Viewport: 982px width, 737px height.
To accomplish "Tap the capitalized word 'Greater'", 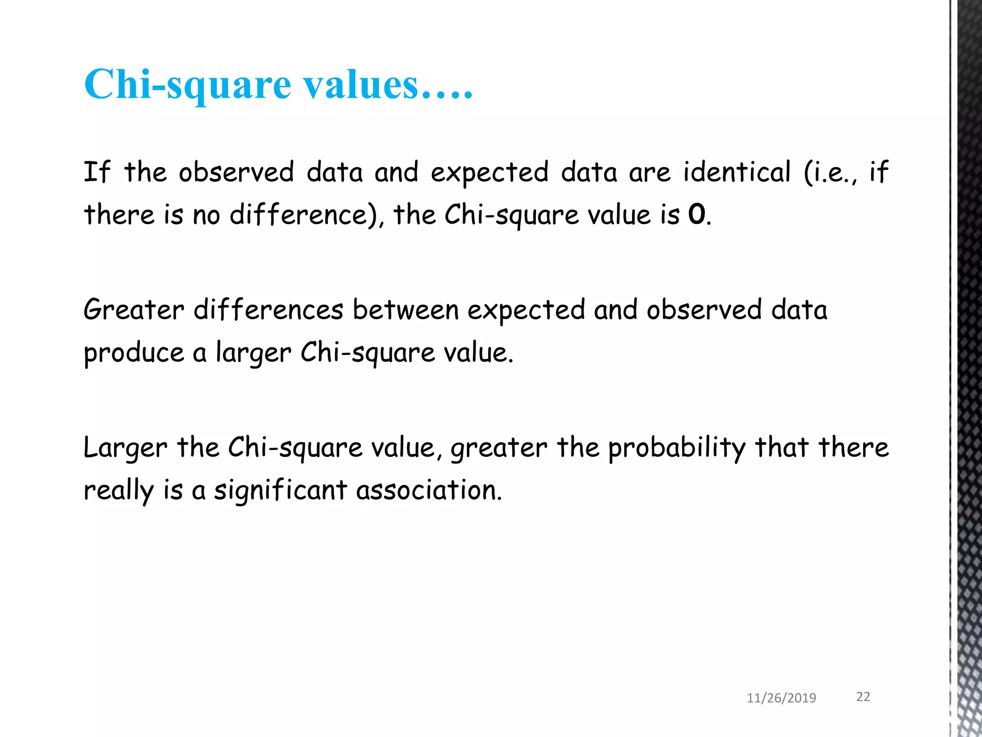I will pyautogui.click(x=134, y=309).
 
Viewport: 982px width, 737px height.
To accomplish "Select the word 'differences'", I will pyautogui.click(x=269, y=309).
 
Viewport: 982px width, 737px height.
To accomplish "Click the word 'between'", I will pyautogui.click(x=406, y=310).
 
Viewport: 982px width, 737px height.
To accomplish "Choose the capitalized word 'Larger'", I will pyautogui.click(x=126, y=448).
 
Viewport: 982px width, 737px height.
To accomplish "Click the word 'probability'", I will pyautogui.click(x=677, y=448).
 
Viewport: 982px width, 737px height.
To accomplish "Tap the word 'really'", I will pyautogui.click(x=118, y=491).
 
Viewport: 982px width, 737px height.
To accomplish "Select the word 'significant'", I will pyautogui.click(x=281, y=490).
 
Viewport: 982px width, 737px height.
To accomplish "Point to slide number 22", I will pyautogui.click(x=863, y=697).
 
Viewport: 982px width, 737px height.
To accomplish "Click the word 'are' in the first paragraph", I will pyautogui.click(x=650, y=173).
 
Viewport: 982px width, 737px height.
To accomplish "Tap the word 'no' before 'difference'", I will pyautogui.click(x=206, y=215).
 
